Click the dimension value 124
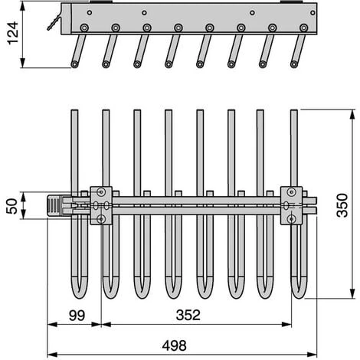[x=13, y=33]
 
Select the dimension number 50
[x=12, y=206]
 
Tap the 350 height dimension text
[x=342, y=205]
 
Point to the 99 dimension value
[x=77, y=316]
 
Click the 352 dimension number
[x=188, y=315]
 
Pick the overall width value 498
[x=175, y=345]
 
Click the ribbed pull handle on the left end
[x=54, y=206]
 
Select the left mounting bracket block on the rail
[x=101, y=205]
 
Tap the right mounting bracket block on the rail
[x=291, y=205]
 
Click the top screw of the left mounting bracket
[x=101, y=191]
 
